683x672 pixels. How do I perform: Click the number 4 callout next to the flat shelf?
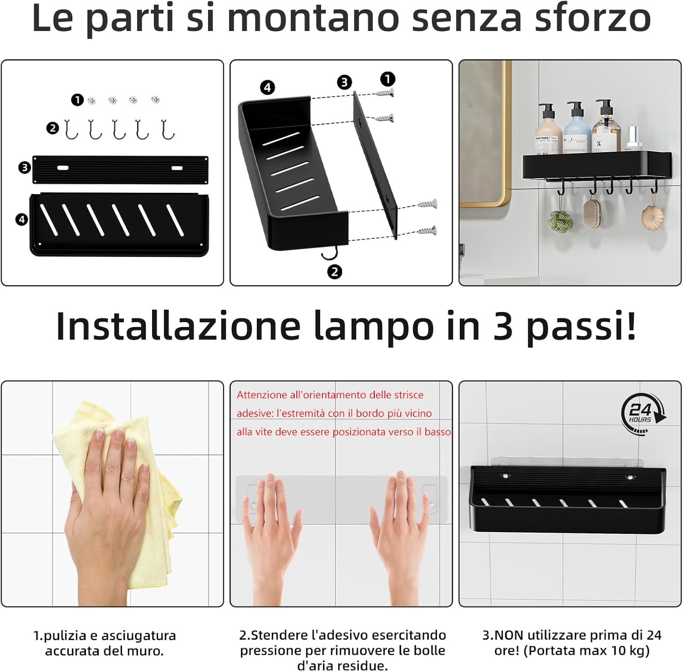point(21,220)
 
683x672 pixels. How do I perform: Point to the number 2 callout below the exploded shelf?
point(334,272)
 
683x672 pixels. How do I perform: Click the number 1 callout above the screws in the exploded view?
point(387,79)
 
